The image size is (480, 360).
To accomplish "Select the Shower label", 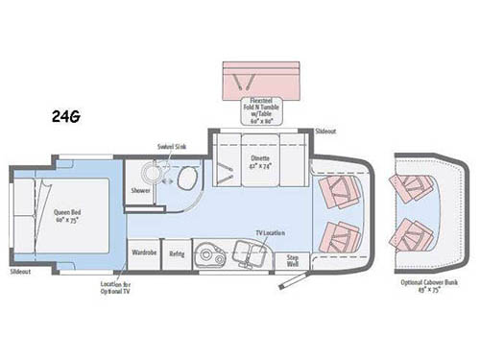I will (x=141, y=190).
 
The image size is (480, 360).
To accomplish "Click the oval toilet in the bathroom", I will (x=187, y=179).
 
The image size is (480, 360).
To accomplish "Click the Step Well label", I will (x=292, y=259).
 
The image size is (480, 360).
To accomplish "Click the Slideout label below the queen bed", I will (x=20, y=274).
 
